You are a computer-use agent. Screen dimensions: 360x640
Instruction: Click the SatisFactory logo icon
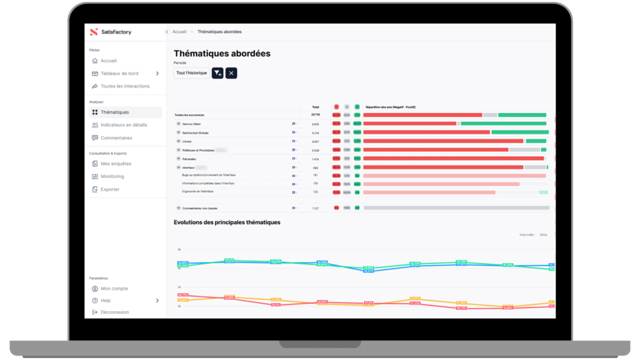(x=94, y=32)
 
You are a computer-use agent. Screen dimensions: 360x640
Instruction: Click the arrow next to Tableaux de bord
(x=157, y=74)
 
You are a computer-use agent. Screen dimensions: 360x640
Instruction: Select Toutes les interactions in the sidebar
(x=124, y=86)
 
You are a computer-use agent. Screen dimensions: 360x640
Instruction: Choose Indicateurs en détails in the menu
(x=123, y=125)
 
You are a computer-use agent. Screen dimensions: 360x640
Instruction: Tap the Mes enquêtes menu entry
(x=116, y=164)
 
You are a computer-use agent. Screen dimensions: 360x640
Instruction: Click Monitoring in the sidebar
(x=112, y=176)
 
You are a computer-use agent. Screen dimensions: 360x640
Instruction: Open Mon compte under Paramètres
(x=114, y=289)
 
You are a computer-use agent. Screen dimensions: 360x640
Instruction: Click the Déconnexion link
(x=114, y=312)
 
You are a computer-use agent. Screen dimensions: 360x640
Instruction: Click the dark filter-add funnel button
(x=217, y=73)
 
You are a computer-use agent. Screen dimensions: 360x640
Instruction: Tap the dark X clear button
(x=231, y=73)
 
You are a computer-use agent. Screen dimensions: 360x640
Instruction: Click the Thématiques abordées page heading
(x=222, y=54)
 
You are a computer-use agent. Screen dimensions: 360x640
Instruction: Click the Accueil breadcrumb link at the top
(x=179, y=32)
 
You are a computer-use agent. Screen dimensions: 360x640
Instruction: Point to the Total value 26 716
(x=316, y=115)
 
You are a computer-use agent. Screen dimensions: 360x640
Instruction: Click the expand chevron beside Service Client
(x=178, y=124)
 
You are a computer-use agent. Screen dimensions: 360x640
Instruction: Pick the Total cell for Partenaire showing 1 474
(x=316, y=159)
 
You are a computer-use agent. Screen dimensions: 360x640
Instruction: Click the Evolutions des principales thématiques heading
(x=227, y=222)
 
